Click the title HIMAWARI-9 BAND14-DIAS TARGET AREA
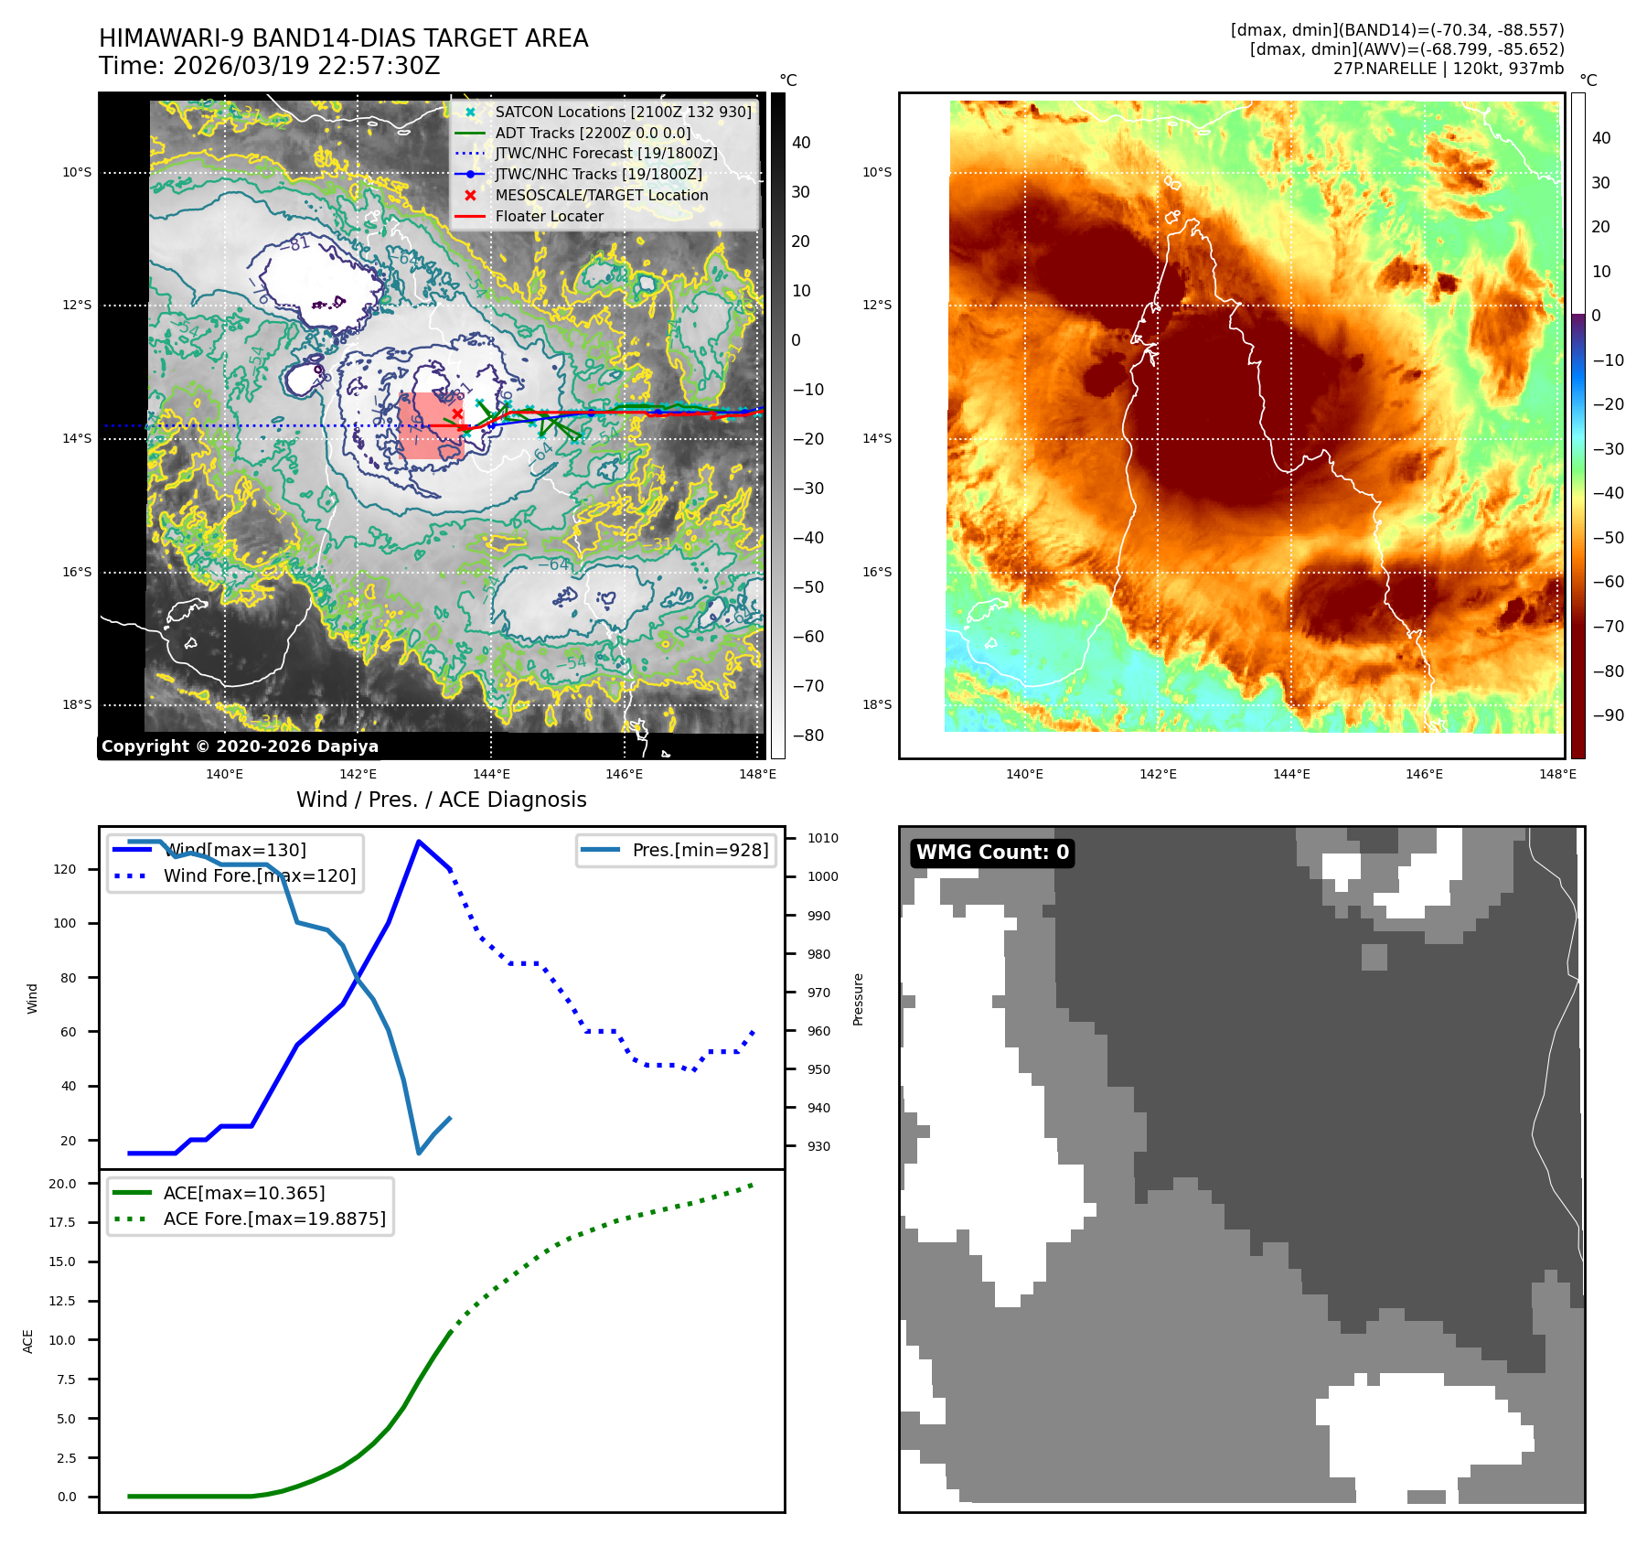tap(343, 38)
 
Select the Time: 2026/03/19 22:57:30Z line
tap(270, 66)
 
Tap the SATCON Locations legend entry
tap(623, 112)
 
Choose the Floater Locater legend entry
tap(549, 216)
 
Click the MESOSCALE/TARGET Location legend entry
tap(601, 195)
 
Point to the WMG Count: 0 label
tap(992, 853)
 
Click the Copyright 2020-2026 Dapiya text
tap(240, 746)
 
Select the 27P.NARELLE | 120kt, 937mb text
tap(1448, 69)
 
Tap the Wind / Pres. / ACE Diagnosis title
tap(441, 800)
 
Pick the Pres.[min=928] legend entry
tap(700, 850)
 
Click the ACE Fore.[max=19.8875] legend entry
tap(274, 1219)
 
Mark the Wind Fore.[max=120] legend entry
tap(260, 875)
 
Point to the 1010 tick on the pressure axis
tap(822, 838)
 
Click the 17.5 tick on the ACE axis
tap(62, 1222)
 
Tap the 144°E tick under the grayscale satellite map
tap(491, 774)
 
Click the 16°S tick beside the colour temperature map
tap(876, 572)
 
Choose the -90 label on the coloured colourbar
tap(1608, 715)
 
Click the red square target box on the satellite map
tap(431, 425)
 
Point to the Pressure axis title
tap(858, 999)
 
